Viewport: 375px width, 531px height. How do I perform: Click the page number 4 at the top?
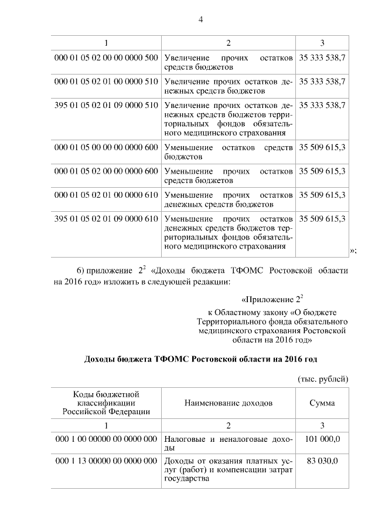click(x=200, y=19)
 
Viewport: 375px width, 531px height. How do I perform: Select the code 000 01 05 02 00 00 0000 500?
click(x=106, y=58)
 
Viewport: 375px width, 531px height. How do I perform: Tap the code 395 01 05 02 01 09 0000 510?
click(x=106, y=106)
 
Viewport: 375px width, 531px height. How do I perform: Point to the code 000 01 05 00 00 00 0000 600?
click(x=106, y=147)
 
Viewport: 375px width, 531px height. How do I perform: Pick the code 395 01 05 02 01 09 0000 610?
click(x=106, y=218)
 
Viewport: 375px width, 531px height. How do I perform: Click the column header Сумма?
click(x=322, y=404)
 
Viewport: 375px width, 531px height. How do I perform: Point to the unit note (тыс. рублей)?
click(x=323, y=378)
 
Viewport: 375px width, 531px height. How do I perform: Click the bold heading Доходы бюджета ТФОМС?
click(x=201, y=358)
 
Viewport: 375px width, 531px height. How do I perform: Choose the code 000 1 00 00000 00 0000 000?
click(x=106, y=438)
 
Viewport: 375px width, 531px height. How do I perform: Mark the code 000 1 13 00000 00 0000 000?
click(x=106, y=462)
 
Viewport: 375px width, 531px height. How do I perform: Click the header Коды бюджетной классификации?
click(x=106, y=403)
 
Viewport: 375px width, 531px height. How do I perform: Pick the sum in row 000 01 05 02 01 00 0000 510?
click(x=322, y=82)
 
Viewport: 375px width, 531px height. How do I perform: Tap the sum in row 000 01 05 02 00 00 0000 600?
click(x=322, y=171)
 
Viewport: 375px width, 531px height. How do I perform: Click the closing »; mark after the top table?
click(x=353, y=251)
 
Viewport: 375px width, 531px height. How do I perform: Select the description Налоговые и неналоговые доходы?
click(x=228, y=443)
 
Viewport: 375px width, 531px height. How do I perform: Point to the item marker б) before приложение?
click(x=82, y=270)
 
